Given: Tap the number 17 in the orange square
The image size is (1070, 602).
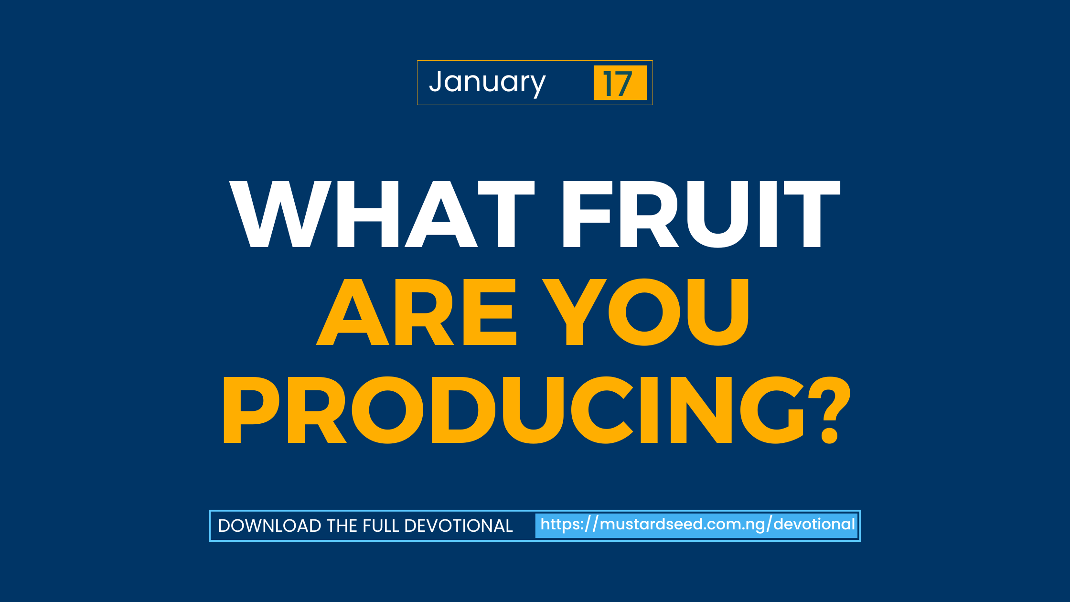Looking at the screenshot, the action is point(617,84).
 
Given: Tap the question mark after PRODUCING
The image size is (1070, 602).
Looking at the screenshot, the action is point(829,410).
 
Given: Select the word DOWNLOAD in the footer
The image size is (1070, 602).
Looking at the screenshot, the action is point(269,526).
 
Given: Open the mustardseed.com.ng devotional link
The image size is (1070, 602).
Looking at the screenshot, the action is point(697,525).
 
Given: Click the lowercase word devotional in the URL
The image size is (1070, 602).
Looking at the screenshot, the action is point(814,524).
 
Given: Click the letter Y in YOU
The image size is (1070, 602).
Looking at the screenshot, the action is point(575,312).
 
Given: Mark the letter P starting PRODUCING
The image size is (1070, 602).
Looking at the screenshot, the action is point(251,410).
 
